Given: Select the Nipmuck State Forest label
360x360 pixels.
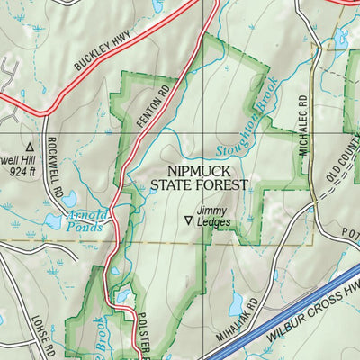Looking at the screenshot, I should click(x=202, y=177).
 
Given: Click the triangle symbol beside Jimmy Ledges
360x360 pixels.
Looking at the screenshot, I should click(x=188, y=219).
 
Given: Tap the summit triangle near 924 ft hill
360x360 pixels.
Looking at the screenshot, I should click(x=30, y=145).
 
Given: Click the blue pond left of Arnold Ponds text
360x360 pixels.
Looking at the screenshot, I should click(x=52, y=220).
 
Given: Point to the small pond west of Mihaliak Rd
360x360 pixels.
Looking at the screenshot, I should click(x=236, y=306).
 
